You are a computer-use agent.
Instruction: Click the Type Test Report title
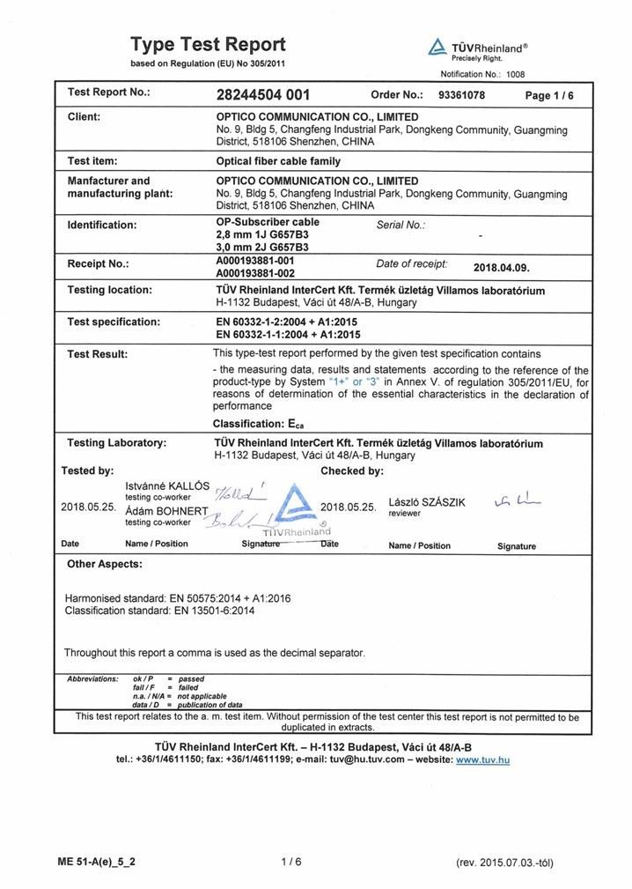pyautogui.click(x=208, y=44)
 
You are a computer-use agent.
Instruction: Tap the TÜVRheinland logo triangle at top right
pyautogui.click(x=437, y=48)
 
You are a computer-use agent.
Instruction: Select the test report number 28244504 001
pyautogui.click(x=262, y=95)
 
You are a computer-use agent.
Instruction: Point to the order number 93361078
pyautogui.click(x=461, y=95)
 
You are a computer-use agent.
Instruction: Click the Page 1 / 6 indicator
pyautogui.click(x=549, y=96)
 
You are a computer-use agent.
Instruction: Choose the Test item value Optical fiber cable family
pyautogui.click(x=278, y=161)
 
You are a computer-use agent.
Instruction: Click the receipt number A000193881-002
pyautogui.click(x=254, y=273)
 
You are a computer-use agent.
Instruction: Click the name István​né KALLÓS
pyautogui.click(x=167, y=486)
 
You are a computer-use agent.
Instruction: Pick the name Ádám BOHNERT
pyautogui.click(x=166, y=512)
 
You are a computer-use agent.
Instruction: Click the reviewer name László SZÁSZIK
pyautogui.click(x=426, y=502)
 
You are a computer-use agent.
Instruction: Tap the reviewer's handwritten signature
pyautogui.click(x=518, y=501)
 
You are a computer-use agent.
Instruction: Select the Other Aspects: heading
pyautogui.click(x=105, y=564)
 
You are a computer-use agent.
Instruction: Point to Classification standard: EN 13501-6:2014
pyautogui.click(x=160, y=610)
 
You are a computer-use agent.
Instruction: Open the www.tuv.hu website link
pyautogui.click(x=482, y=759)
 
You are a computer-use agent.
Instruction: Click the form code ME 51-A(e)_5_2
pyautogui.click(x=97, y=862)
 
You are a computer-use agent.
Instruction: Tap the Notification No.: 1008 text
pyautogui.click(x=482, y=75)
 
